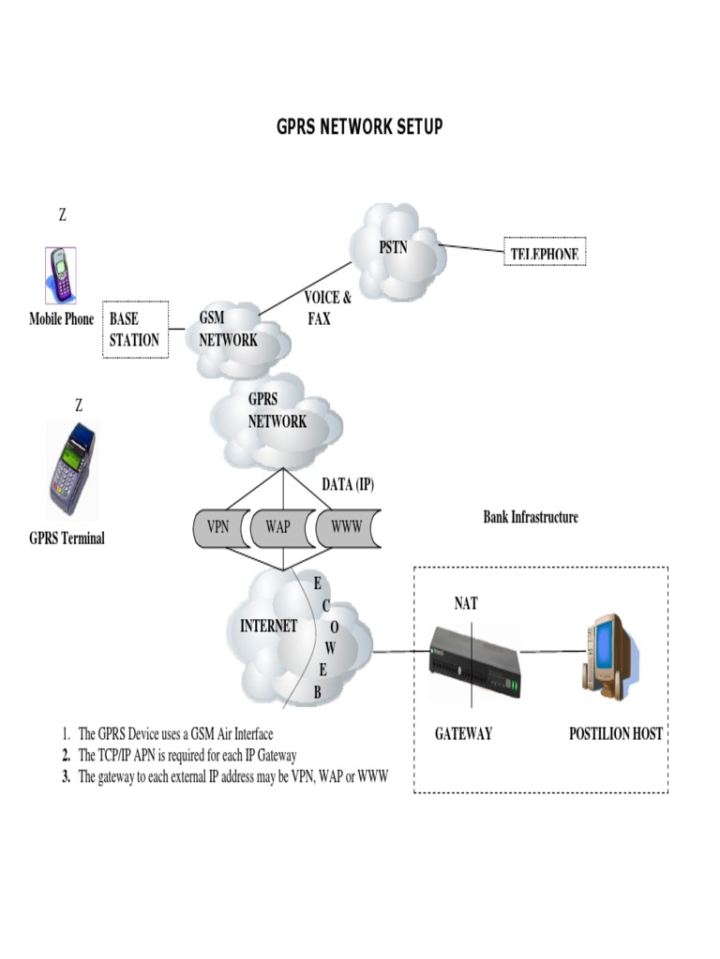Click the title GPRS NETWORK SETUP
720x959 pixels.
pyautogui.click(x=359, y=126)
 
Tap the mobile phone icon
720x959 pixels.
pyautogui.click(x=61, y=275)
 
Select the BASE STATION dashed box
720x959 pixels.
pyautogui.click(x=134, y=330)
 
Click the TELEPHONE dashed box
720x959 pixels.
pyautogui.click(x=544, y=253)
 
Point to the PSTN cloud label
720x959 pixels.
pyautogui.click(x=393, y=248)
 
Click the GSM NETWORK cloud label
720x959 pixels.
pyautogui.click(x=227, y=330)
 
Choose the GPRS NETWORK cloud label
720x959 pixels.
pyautogui.click(x=277, y=410)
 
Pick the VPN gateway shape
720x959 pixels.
pyautogui.click(x=217, y=526)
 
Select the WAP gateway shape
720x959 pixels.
pyautogui.click(x=278, y=526)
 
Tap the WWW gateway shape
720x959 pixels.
pyautogui.click(x=346, y=526)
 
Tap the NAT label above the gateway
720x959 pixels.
pyautogui.click(x=466, y=604)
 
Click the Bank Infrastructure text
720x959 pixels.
pyautogui.click(x=531, y=517)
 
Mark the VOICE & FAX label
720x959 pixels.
pyautogui.click(x=327, y=308)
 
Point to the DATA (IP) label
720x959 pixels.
pyautogui.click(x=348, y=484)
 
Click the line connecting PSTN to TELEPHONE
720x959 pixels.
pyautogui.click(x=471, y=249)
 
